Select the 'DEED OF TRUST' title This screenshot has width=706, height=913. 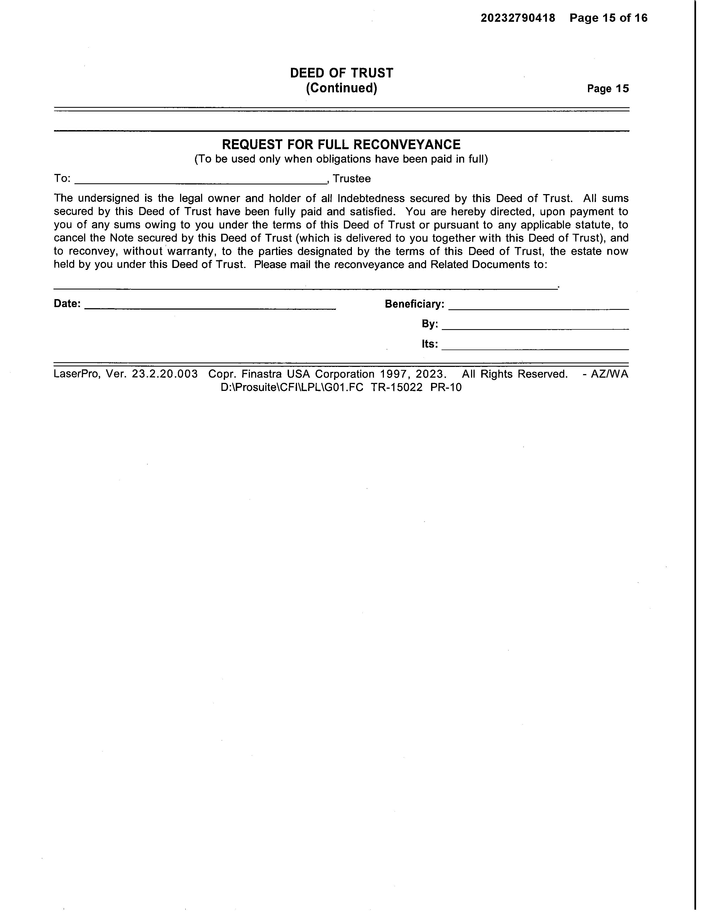[341, 73]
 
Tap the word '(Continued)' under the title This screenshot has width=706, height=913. [341, 88]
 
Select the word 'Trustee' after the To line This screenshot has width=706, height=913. [352, 179]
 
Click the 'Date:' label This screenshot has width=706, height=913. [67, 304]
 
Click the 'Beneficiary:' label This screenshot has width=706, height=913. [414, 304]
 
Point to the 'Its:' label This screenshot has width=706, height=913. [430, 344]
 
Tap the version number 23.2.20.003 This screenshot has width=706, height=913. [165, 374]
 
